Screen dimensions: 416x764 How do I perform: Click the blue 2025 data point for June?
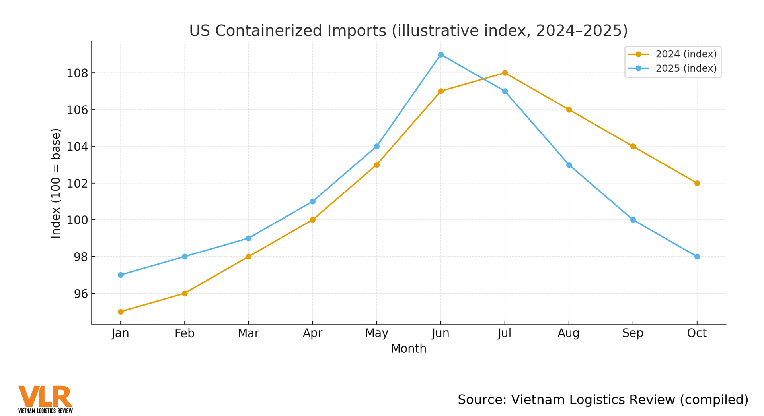coord(440,55)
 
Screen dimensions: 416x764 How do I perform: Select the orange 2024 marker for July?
coord(505,73)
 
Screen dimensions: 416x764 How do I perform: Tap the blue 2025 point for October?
coord(697,257)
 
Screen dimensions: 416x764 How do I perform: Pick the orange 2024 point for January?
coord(121,312)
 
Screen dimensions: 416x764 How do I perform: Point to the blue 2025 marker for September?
coord(633,220)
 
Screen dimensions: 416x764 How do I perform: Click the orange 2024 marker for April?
coord(312,220)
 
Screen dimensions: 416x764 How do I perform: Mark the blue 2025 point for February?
coord(185,257)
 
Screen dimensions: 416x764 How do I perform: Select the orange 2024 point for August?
coord(569,110)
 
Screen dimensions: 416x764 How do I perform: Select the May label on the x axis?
coord(376,333)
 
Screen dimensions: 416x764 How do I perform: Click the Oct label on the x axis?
coord(697,333)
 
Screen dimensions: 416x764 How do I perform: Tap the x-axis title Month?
coord(408,349)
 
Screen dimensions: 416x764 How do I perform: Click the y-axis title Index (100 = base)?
coord(56,183)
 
